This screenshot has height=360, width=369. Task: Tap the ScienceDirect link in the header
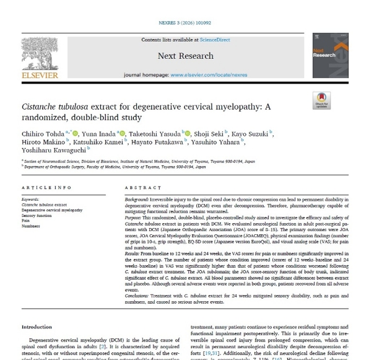click(215, 40)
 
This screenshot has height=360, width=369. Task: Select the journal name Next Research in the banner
click(185, 55)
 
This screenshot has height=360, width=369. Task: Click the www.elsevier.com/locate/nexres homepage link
click(209, 75)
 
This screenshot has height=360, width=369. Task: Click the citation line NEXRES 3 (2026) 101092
click(185, 26)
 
